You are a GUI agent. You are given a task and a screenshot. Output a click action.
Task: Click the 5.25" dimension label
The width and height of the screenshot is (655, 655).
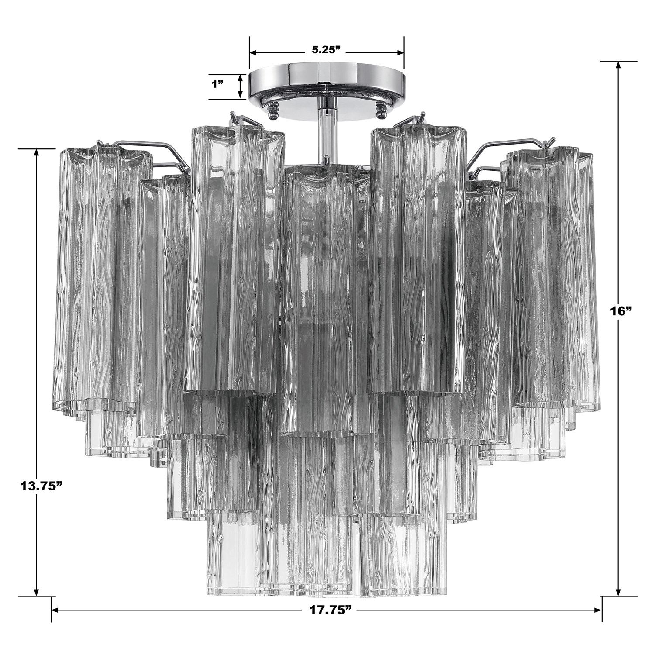click(x=326, y=49)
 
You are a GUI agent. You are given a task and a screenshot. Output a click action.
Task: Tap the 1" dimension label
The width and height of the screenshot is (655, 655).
click(x=218, y=84)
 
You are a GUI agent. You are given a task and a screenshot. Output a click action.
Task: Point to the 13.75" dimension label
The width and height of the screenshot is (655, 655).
click(x=39, y=486)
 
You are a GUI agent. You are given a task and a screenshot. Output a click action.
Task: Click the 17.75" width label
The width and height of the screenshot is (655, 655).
click(x=327, y=609)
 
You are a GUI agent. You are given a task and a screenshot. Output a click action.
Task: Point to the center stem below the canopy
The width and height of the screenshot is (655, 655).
click(x=327, y=131)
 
